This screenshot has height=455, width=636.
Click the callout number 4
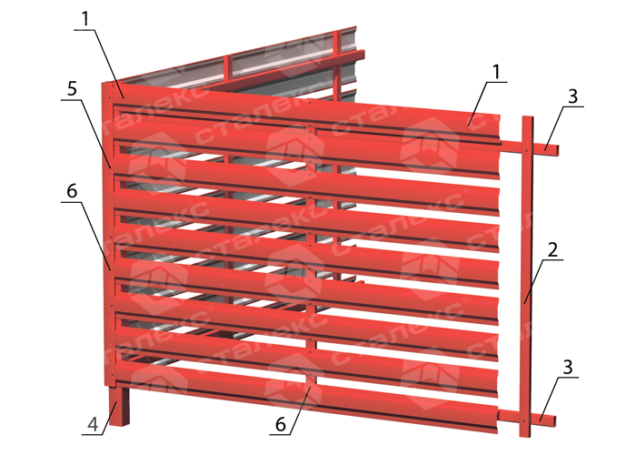coord(93,425)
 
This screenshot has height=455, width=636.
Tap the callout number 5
coord(72,88)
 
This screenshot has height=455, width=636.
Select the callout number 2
coord(552,250)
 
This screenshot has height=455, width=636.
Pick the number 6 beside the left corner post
coord(72,191)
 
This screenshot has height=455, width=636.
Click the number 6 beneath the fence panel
coord(281,425)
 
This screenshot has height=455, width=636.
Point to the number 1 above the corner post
coord(85,19)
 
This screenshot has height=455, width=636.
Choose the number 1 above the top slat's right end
coord(496,72)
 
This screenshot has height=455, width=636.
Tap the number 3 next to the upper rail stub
coord(572,96)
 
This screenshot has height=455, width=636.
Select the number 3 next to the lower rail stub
coord(568,368)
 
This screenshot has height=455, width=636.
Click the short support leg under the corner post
coord(119,406)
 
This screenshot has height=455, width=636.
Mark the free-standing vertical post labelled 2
coord(526,277)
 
